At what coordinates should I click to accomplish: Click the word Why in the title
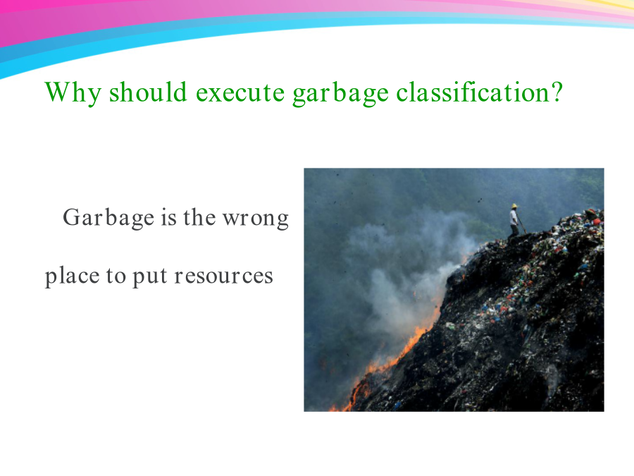coord(73,92)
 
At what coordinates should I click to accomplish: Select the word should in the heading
coord(148,92)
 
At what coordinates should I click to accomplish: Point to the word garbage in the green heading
coord(340,93)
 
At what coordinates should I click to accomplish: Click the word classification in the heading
coord(471,92)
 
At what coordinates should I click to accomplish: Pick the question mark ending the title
coord(556,92)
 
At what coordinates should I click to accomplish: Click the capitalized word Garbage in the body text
coord(108,218)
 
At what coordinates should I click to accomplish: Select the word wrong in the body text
coord(256,219)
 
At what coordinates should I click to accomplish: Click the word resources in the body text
coord(223,276)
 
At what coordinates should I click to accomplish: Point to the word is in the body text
coord(168,217)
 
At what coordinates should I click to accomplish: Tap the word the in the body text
coord(199,216)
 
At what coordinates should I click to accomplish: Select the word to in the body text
coord(116,276)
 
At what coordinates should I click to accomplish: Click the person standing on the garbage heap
coord(514,221)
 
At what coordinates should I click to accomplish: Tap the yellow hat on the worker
coord(514,206)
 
